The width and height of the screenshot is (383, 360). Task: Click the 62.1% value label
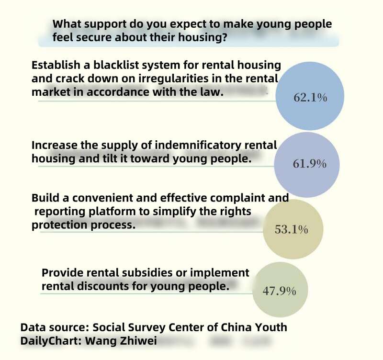[310, 99]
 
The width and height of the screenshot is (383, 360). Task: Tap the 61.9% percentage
[309, 164]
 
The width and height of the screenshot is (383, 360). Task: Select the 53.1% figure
[291, 230]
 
